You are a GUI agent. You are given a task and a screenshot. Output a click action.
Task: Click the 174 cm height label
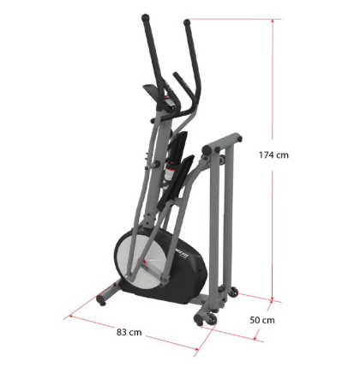click(x=273, y=155)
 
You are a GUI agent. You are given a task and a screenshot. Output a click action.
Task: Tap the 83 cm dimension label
click(x=129, y=332)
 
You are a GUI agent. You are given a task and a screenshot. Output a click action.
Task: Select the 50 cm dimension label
click(x=262, y=320)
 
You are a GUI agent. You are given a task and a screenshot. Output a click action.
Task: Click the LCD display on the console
click(x=170, y=102)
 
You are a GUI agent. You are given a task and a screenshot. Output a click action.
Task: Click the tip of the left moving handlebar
click(x=146, y=17)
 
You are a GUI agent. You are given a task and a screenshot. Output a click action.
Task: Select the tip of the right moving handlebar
click(x=187, y=22)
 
